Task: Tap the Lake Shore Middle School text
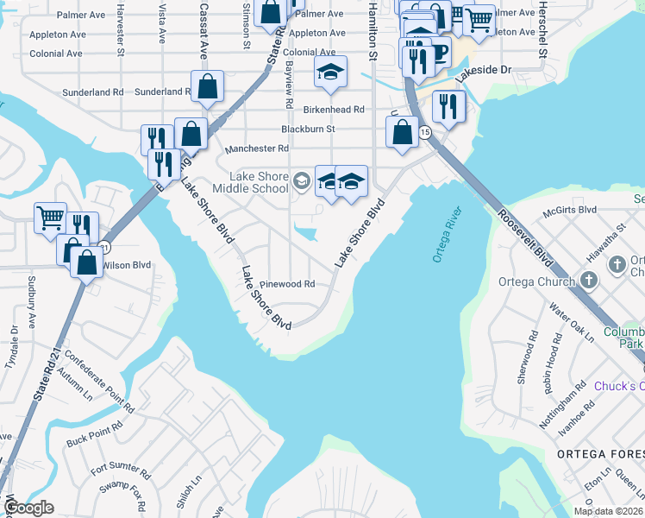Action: (x=259, y=182)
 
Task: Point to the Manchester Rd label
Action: (x=256, y=149)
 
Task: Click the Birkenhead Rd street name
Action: (x=334, y=110)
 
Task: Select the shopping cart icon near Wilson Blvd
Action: (x=50, y=217)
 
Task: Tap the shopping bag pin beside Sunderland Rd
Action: (x=207, y=86)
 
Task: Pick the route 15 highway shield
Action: (x=424, y=132)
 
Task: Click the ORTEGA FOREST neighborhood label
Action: (x=599, y=454)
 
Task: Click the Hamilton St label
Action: (x=373, y=30)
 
